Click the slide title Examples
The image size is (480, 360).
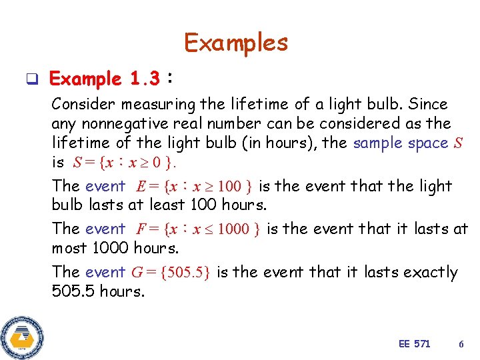point(236,43)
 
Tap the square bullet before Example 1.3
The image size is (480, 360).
point(31,80)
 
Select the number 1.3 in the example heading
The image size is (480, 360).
point(145,79)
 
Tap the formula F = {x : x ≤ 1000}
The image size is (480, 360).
point(198,229)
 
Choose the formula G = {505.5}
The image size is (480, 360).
point(171,272)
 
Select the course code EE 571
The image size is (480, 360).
point(414,343)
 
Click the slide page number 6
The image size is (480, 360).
point(461,343)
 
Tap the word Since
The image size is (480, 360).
point(427,105)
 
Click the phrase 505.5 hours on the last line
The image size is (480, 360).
point(98,291)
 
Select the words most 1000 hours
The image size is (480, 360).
point(115,249)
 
